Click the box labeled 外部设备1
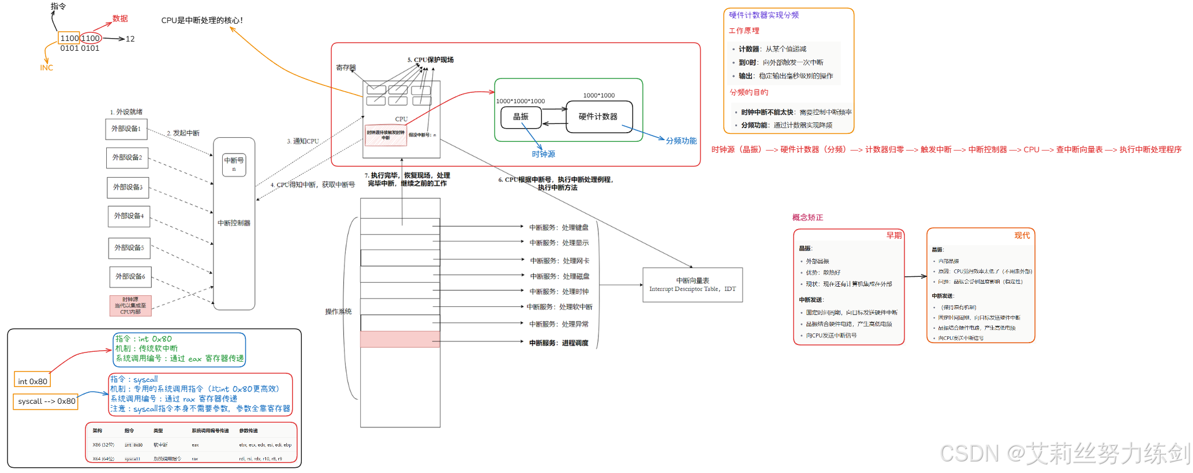126,129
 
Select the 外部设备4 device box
129,216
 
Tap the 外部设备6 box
130,276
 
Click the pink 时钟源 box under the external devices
130,306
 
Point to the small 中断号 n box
234,164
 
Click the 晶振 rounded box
521,117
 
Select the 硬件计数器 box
599,117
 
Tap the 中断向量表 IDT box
692,284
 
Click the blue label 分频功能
681,141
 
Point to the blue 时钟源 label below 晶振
543,154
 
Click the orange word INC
46,68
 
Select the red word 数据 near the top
120,18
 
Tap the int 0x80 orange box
32,381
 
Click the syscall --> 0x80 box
46,401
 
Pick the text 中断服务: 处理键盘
559,227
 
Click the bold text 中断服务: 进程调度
559,343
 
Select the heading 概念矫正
807,217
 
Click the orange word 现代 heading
1022,235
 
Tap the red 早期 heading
893,235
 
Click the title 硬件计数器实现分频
764,15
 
